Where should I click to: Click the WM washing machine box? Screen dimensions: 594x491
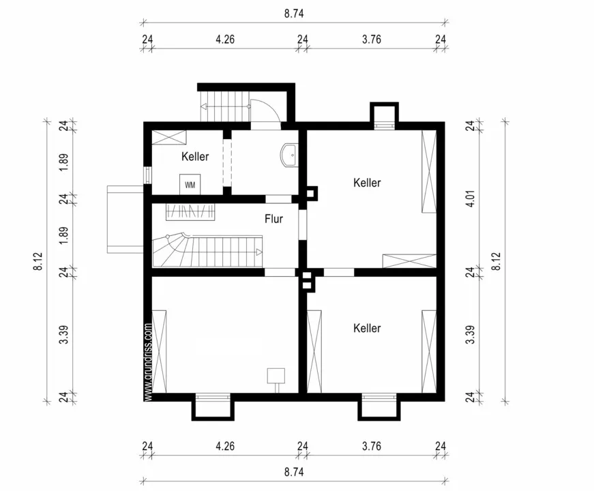(x=190, y=185)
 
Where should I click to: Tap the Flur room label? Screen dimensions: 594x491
(x=273, y=219)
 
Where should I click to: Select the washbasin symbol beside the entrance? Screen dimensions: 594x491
(x=289, y=155)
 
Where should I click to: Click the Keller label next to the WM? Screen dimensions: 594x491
(x=195, y=156)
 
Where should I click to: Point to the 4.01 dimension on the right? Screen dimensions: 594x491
(x=470, y=198)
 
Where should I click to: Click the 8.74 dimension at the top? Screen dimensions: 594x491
(x=294, y=14)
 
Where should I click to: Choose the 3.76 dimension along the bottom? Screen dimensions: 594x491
(x=371, y=446)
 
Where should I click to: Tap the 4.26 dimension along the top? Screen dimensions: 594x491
(x=225, y=39)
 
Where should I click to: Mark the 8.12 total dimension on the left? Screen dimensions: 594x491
(x=39, y=261)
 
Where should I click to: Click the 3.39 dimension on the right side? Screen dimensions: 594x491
(x=470, y=335)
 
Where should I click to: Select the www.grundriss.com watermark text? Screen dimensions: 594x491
(x=148, y=361)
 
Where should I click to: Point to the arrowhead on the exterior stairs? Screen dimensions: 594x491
(x=203, y=107)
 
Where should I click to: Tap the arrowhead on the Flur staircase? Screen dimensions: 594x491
(x=260, y=252)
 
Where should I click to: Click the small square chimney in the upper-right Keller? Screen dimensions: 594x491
(x=311, y=193)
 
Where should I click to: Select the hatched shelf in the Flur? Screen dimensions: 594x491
(x=190, y=212)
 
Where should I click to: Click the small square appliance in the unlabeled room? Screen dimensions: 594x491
(x=276, y=376)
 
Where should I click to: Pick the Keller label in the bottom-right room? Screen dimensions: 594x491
(x=367, y=328)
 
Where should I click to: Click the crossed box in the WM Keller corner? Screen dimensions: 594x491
(x=169, y=137)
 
